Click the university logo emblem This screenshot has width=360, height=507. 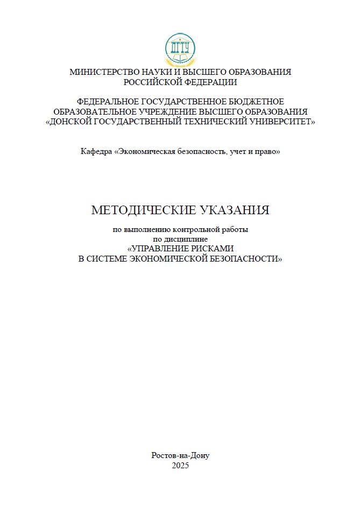pos(180,50)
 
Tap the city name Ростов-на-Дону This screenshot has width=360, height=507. pos(180,455)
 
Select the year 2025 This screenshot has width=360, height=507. pos(180,466)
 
